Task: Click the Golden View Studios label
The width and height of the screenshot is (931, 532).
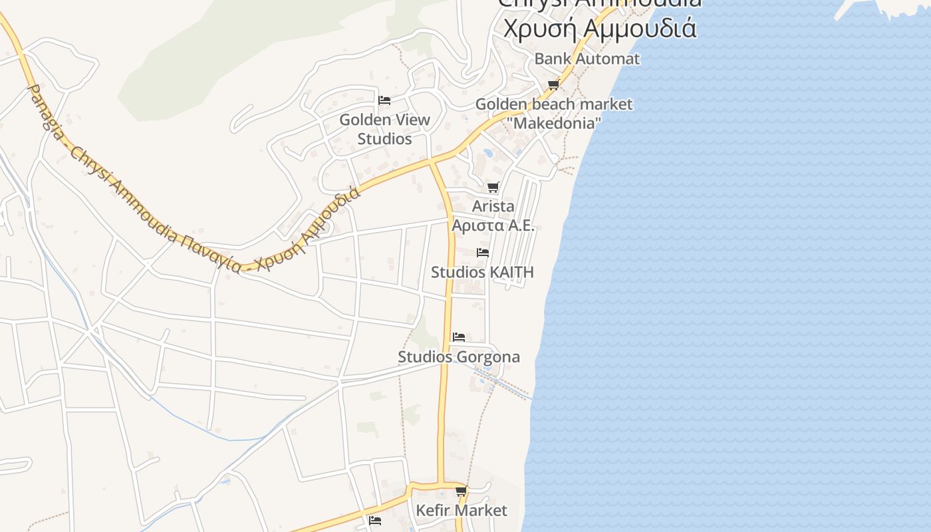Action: [x=384, y=129]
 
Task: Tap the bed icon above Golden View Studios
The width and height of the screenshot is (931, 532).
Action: [x=384, y=100]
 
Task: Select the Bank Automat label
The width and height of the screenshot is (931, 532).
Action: [x=587, y=59]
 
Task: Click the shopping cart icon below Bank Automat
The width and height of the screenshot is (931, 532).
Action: [x=553, y=84]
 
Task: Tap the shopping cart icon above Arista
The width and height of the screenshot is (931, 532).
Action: [x=493, y=188]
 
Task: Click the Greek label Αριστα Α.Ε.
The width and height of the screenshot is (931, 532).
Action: [x=493, y=225]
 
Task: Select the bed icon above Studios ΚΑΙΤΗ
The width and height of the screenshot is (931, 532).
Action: [x=483, y=253]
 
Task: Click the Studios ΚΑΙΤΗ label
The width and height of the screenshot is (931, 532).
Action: [x=482, y=272]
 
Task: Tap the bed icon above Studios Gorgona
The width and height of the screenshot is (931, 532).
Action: [x=459, y=337]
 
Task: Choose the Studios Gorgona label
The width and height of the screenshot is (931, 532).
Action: [x=459, y=357]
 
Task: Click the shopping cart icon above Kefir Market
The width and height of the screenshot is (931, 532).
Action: [x=461, y=491]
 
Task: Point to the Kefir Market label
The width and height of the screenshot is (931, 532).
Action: [x=461, y=511]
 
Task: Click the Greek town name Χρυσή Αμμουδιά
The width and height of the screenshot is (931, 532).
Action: [x=599, y=29]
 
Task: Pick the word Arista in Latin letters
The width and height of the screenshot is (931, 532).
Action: [x=493, y=206]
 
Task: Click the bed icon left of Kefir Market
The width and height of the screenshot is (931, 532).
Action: [x=375, y=520]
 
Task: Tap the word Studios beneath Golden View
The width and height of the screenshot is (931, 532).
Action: [x=384, y=139]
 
